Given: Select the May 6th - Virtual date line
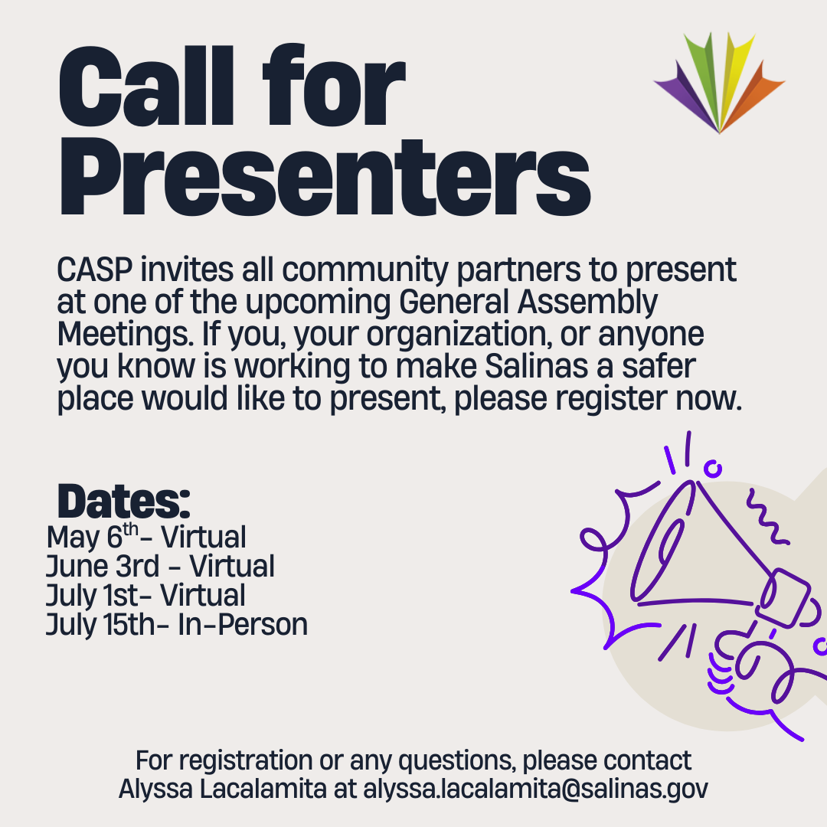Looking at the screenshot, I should pos(146,537).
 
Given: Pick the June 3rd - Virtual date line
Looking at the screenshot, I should pos(160,567).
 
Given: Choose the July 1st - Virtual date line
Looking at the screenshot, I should pos(145,596).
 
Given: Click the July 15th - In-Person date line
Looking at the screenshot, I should pos(177,625).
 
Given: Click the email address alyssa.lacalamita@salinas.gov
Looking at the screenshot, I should pos(535,789).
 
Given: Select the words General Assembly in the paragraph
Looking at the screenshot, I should pos(528,303).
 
